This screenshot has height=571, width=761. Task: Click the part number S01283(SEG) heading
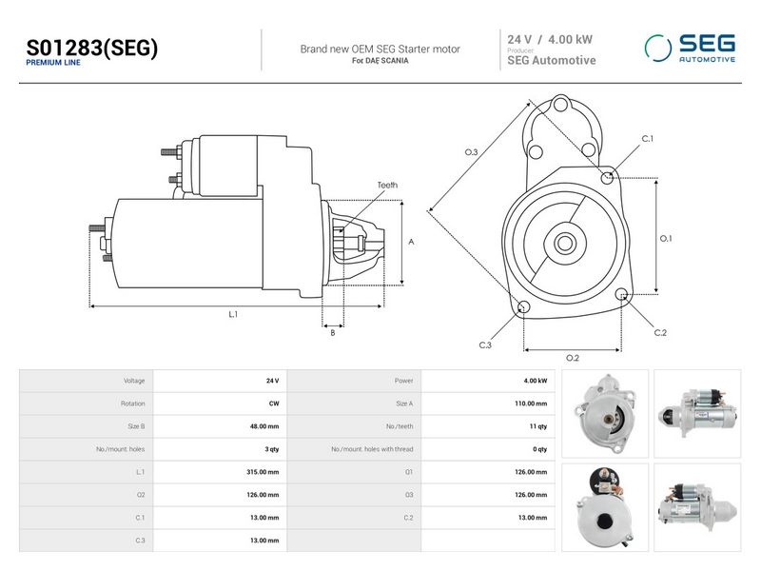pos(91,48)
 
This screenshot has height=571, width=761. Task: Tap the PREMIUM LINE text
pos(53,63)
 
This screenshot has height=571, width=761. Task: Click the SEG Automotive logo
pos(690,49)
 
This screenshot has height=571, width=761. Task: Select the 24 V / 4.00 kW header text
pos(550,39)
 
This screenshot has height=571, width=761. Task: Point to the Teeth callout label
pos(387,185)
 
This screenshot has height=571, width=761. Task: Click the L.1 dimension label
pos(233,315)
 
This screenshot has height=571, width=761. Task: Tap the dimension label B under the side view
pos(332,333)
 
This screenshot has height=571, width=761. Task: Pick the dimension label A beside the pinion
pos(411,242)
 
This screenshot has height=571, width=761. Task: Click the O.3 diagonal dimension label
pos(471,152)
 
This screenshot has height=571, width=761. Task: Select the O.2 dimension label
pos(573,359)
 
